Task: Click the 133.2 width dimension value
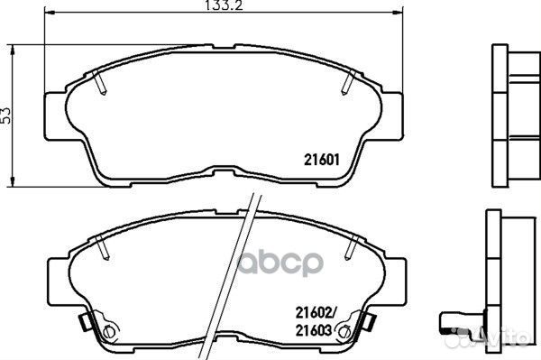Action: point(224,5)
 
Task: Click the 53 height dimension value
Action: point(6,115)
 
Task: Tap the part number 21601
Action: point(322,160)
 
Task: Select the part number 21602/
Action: point(316,313)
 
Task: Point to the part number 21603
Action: point(314,330)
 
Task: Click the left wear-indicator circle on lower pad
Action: point(109,331)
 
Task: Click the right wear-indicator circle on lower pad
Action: point(344,331)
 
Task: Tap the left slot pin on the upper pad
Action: point(100,82)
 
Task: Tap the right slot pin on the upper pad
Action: point(348,82)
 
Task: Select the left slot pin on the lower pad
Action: point(103,247)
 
